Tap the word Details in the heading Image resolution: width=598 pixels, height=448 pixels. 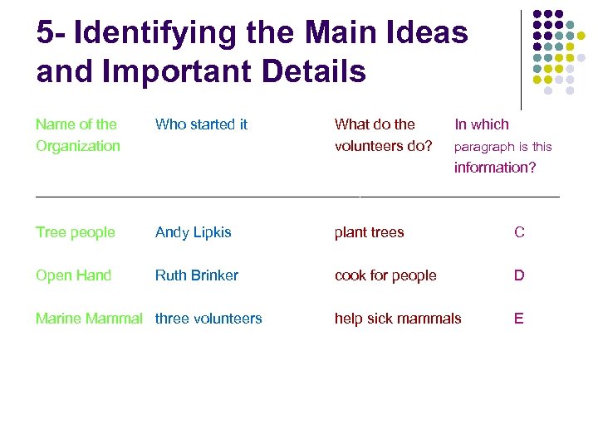click(x=314, y=72)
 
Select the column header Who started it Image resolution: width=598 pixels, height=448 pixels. click(x=201, y=124)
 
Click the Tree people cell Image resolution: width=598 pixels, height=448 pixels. click(x=76, y=232)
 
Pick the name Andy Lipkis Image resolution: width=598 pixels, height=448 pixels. click(x=194, y=232)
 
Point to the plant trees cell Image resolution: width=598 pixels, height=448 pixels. click(x=369, y=232)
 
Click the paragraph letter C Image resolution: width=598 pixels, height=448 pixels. click(x=519, y=232)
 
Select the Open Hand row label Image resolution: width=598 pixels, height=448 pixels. click(x=73, y=275)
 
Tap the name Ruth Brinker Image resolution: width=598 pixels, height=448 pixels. click(x=197, y=275)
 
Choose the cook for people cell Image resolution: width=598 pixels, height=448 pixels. click(x=385, y=275)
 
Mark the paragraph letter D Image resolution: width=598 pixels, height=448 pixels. click(x=519, y=275)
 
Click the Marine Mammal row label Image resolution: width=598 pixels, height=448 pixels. click(x=89, y=319)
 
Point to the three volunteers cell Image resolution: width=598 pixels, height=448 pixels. click(x=208, y=319)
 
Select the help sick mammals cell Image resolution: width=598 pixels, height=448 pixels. click(x=398, y=319)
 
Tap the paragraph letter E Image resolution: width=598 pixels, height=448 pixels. click(x=519, y=319)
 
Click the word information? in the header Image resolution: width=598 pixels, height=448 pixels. click(x=495, y=168)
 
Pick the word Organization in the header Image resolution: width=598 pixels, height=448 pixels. click(x=78, y=146)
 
